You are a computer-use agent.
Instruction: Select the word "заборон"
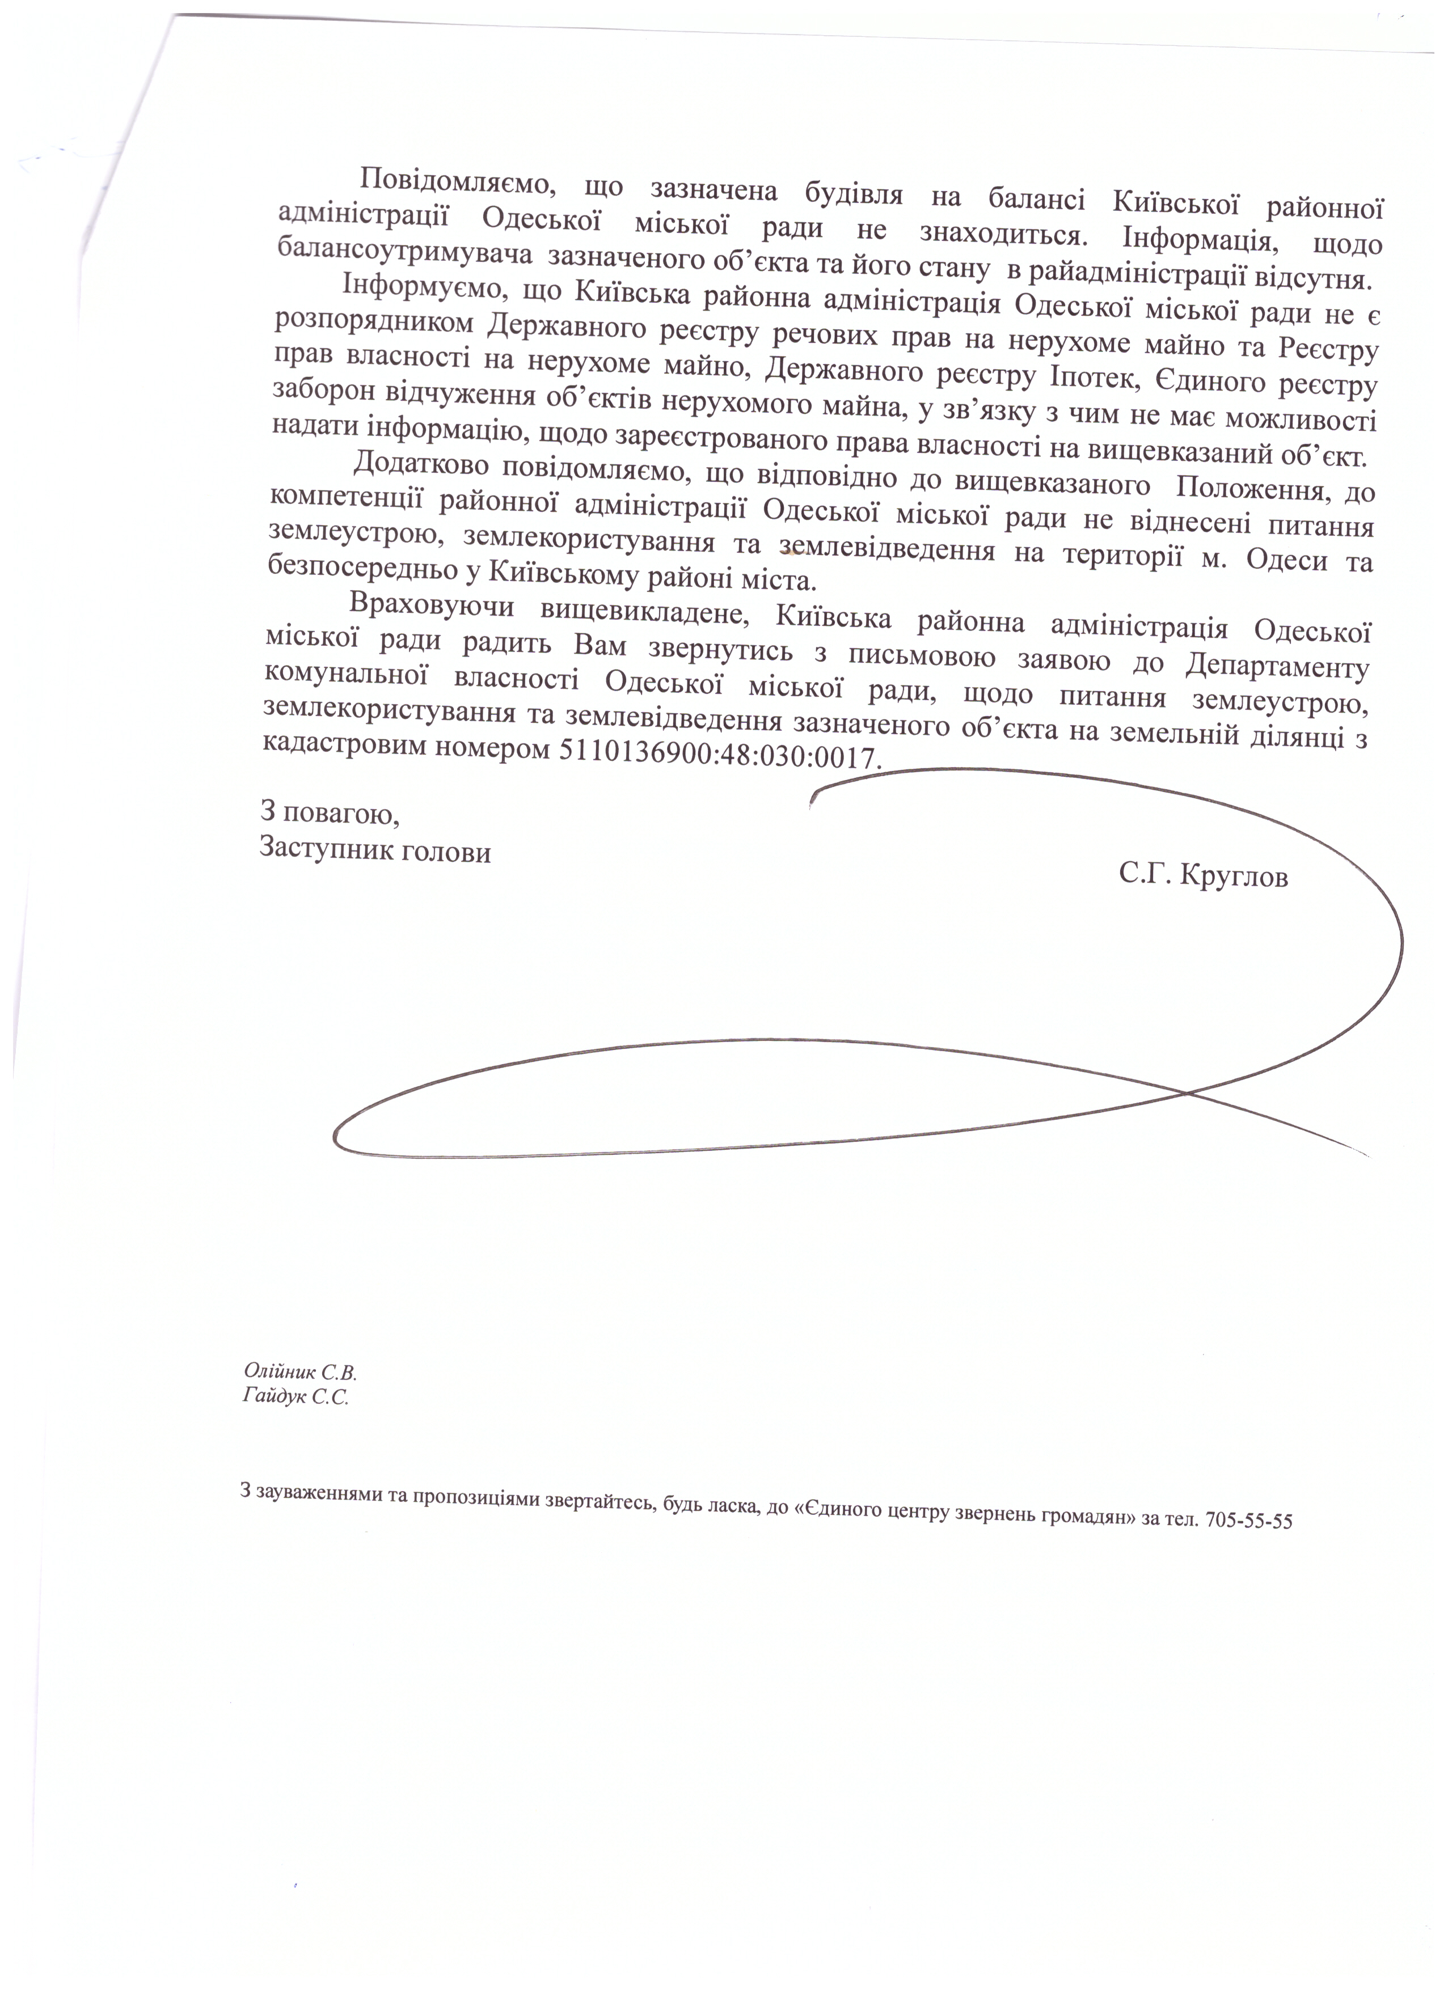point(320,389)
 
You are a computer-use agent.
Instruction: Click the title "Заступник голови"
point(375,851)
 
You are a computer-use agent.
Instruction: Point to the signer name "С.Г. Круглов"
point(1203,875)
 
